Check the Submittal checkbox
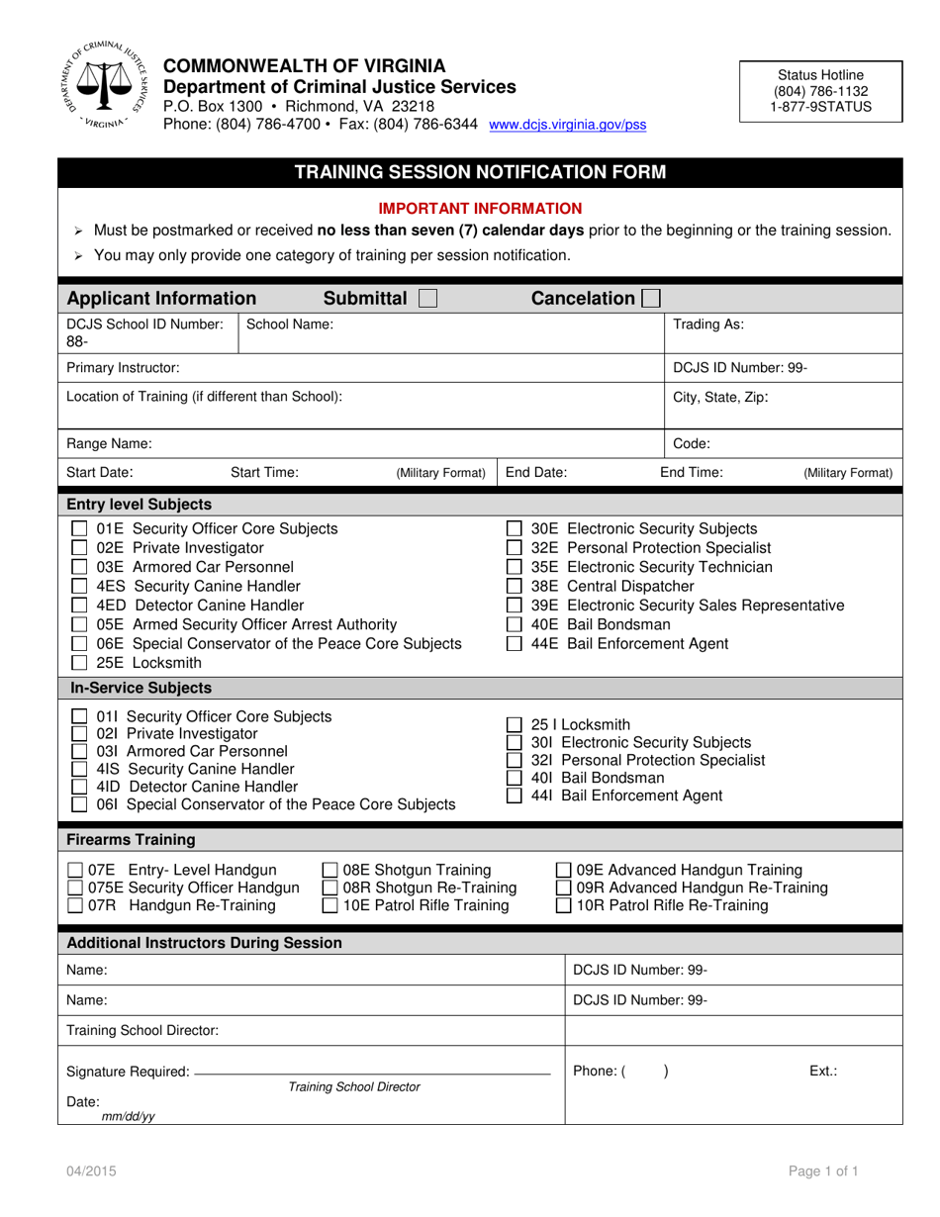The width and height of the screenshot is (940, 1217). pyautogui.click(x=427, y=299)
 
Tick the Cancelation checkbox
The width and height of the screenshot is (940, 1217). pyautogui.click(x=651, y=299)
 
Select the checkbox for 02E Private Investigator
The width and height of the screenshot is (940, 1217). pyautogui.click(x=81, y=548)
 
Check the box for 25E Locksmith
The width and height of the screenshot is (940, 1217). pyautogui.click(x=81, y=663)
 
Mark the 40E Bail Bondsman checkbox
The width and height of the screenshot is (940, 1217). pyautogui.click(x=515, y=624)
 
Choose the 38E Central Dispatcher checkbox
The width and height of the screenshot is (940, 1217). pyautogui.click(x=515, y=586)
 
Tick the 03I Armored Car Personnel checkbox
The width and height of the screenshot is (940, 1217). pyautogui.click(x=81, y=752)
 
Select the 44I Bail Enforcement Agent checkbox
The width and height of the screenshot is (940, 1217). pyautogui.click(x=515, y=796)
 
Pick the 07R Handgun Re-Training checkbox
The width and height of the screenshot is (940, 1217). pyautogui.click(x=75, y=906)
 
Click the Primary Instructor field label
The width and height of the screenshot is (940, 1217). pyautogui.click(x=123, y=368)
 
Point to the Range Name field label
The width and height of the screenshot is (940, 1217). pyautogui.click(x=109, y=444)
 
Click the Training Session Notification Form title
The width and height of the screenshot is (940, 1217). pyautogui.click(x=481, y=172)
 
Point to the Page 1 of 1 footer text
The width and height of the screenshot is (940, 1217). pyautogui.click(x=823, y=1171)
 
